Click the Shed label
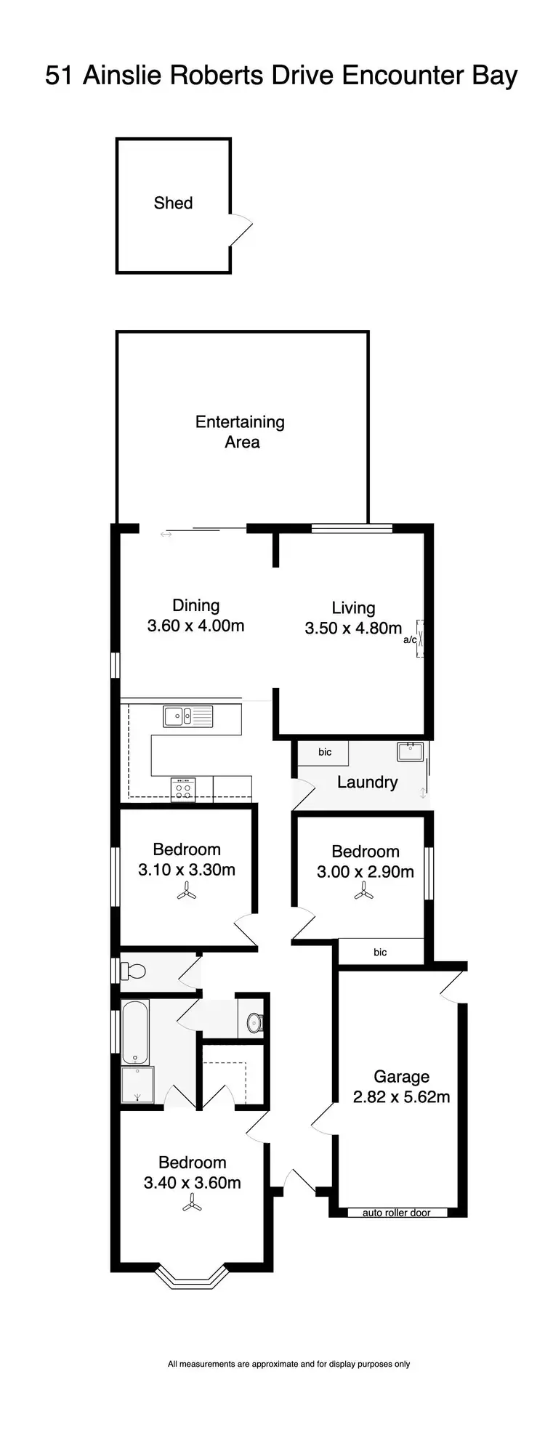click(173, 203)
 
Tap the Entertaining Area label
click(240, 432)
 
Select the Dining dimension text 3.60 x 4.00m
click(195, 626)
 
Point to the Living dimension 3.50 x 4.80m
click(353, 628)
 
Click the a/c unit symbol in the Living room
click(419, 639)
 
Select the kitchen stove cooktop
click(183, 789)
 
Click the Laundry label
click(367, 782)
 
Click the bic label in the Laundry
click(325, 752)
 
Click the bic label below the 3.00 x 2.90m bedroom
click(380, 952)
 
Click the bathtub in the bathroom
click(135, 1032)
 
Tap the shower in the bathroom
click(137, 1085)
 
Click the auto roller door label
click(397, 1213)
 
